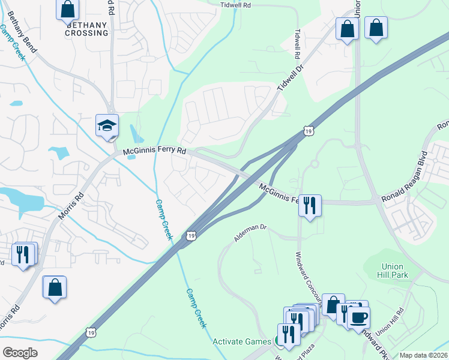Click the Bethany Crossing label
88,29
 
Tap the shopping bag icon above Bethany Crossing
68,10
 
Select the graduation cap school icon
107,125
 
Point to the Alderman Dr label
250,233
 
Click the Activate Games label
242,341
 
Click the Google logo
20,353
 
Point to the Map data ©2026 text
423,355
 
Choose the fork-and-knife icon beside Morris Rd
23,254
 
